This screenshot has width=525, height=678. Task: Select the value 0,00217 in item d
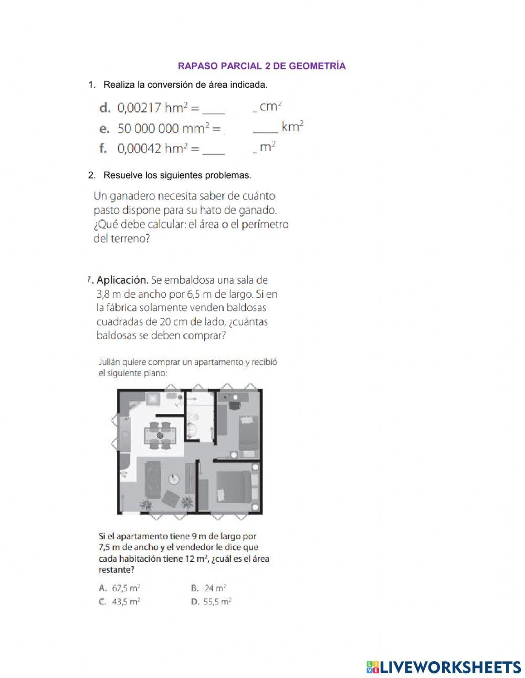(x=139, y=108)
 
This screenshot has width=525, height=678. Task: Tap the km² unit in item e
(x=292, y=127)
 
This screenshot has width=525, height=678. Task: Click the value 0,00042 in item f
(x=139, y=149)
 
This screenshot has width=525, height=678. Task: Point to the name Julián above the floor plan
(x=111, y=362)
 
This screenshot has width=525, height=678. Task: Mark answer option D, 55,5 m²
(x=212, y=602)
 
